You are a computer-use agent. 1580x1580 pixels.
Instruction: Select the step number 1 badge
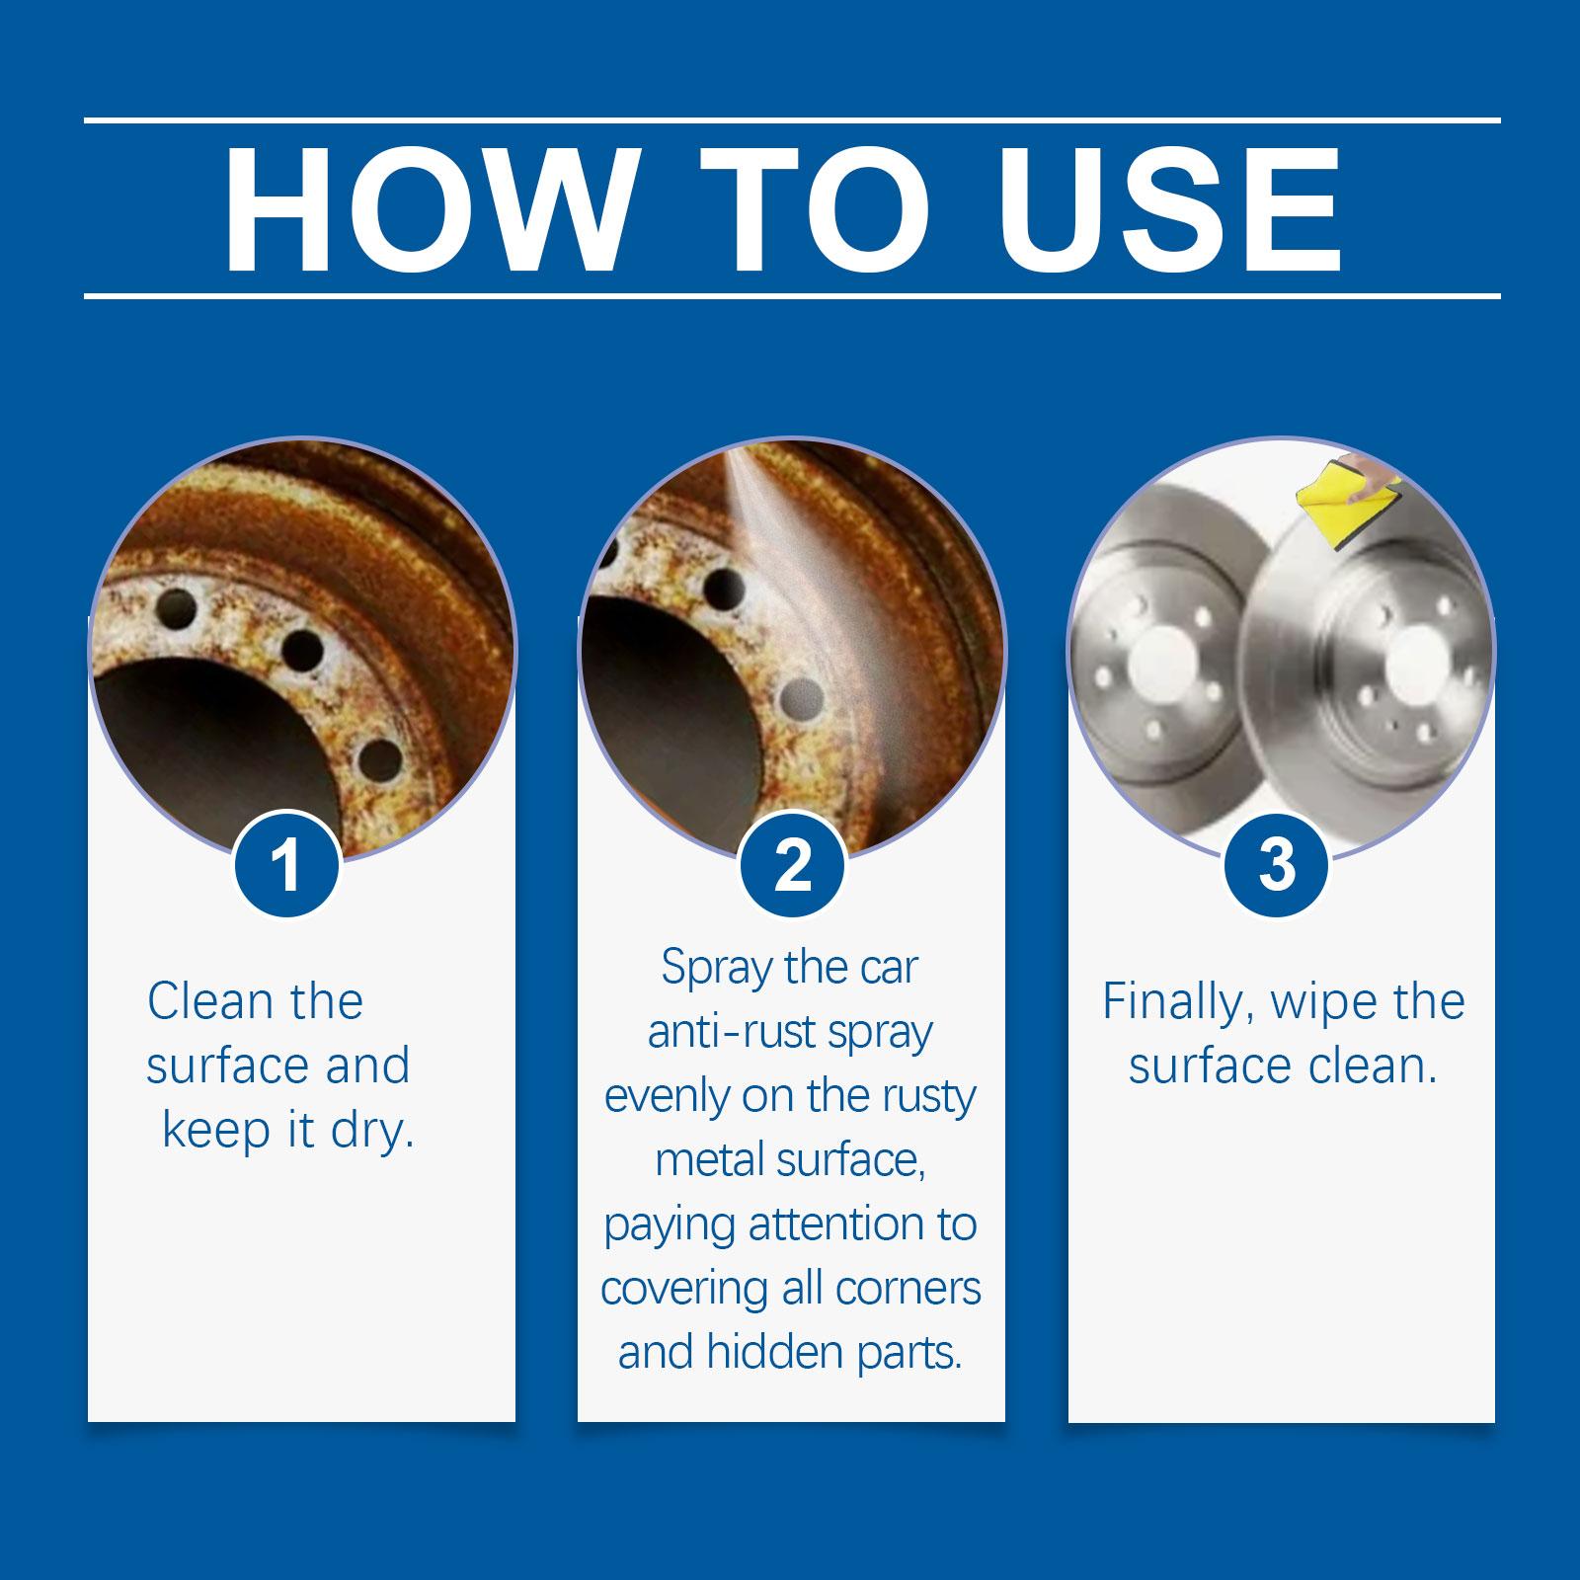pyautogui.click(x=286, y=865)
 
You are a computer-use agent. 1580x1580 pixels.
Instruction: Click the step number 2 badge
pyautogui.click(x=792, y=865)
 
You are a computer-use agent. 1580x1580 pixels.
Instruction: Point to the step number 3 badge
pyautogui.click(x=1277, y=865)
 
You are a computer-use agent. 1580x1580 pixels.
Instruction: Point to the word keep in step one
pyautogui.click(x=214, y=1132)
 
